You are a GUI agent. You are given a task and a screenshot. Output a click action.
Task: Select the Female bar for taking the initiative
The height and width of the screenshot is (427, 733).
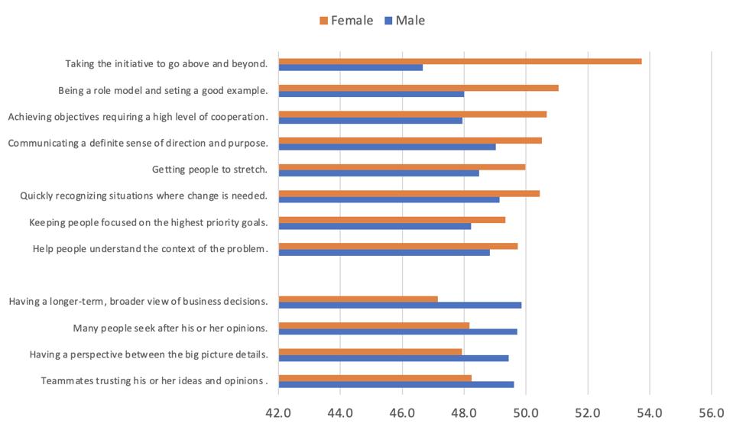tap(459, 61)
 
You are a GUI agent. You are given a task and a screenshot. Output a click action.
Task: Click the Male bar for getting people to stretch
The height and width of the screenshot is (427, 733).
tap(378, 173)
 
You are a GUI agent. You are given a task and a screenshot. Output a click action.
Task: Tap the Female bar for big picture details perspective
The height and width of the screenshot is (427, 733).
tap(370, 351)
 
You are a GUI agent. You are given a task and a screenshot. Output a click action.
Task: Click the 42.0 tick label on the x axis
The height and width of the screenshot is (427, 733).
tap(278, 412)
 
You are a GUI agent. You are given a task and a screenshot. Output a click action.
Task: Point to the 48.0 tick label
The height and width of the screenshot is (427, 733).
tap(464, 412)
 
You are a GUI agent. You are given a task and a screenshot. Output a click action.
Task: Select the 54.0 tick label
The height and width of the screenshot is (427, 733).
tap(650, 412)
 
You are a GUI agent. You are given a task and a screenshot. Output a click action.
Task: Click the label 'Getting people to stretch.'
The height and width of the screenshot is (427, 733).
tap(209, 169)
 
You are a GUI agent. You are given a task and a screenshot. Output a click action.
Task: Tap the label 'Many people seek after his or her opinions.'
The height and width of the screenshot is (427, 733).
tap(170, 328)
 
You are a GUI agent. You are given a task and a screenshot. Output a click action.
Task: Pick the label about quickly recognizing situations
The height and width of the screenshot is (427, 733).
tap(143, 196)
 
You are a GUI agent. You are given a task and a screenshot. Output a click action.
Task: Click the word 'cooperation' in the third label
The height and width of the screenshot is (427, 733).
tap(236, 117)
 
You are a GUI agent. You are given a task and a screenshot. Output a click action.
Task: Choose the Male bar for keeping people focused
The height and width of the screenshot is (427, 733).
tap(375, 226)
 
